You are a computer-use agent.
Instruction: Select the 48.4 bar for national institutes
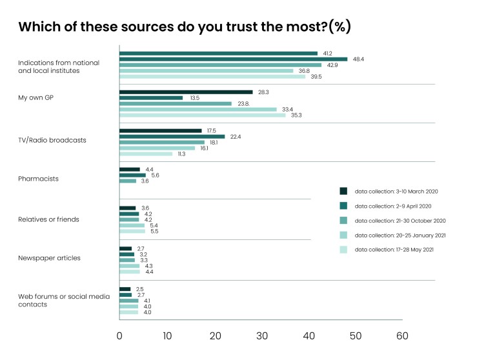(234, 59)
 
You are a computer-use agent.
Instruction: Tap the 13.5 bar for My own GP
(151, 98)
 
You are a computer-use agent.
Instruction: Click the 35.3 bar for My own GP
(203, 115)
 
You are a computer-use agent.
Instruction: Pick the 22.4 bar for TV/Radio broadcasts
(172, 136)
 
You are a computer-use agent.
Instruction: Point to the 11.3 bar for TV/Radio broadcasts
(146, 154)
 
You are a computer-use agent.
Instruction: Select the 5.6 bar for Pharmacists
(132, 175)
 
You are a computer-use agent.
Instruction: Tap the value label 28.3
(263, 92)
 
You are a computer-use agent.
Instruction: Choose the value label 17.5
(212, 130)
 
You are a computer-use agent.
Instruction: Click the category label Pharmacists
(38, 179)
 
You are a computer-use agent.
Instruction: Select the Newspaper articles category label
(48, 257)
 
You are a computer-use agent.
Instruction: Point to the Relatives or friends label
(48, 219)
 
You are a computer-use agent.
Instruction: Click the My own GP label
(36, 97)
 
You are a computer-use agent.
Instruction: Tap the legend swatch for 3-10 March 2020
(343, 190)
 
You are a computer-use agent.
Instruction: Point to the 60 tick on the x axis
(402, 335)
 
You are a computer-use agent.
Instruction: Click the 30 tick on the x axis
(261, 335)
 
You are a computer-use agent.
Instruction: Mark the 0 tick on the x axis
(120, 335)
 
